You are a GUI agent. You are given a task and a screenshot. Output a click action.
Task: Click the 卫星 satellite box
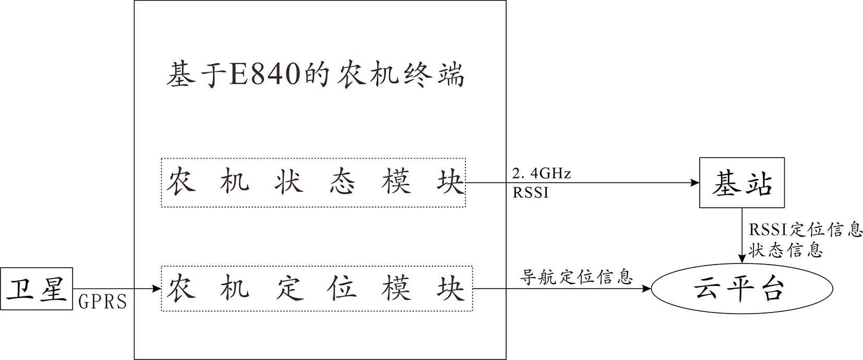37,289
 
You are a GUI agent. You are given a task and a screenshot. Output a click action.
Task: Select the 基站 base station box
741,183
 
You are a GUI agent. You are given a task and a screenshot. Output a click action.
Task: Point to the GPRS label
102,302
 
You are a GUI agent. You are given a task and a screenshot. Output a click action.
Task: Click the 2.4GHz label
542,173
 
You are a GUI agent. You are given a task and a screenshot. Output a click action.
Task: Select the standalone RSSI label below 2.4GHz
530,193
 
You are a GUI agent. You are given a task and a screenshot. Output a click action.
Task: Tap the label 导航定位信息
576,277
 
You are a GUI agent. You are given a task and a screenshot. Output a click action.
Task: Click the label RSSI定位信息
805,230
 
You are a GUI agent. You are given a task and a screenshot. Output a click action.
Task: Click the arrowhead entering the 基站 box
695,183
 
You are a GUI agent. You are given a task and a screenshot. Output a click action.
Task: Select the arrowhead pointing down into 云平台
741,259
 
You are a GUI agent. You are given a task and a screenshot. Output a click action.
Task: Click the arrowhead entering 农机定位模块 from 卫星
156,288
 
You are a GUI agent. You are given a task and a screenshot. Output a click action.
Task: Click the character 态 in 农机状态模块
342,183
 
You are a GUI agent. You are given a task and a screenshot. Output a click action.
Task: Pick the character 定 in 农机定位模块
289,289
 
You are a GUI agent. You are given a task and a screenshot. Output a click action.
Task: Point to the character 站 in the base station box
758,183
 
